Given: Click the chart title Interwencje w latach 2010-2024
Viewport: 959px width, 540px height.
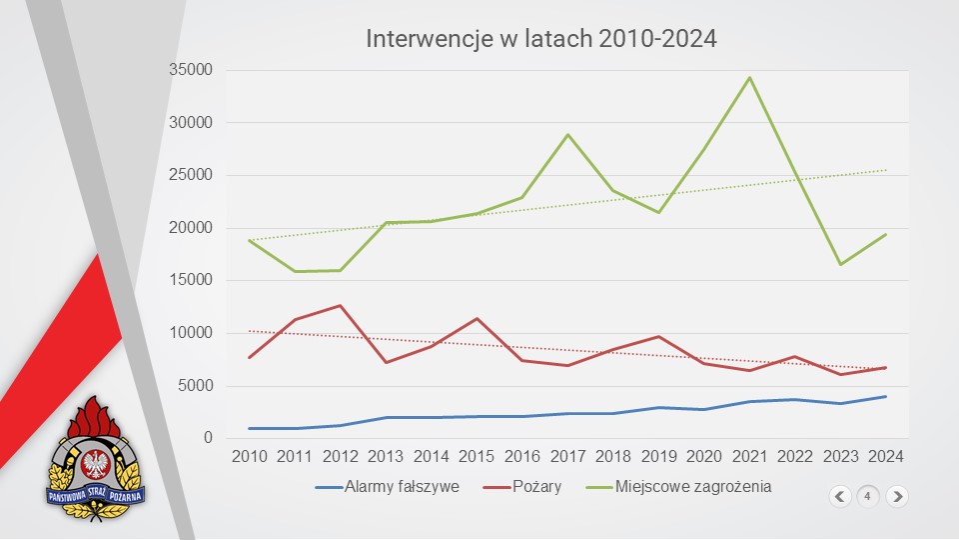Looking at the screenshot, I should [x=541, y=39].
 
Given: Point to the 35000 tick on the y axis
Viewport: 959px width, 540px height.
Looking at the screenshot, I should [x=192, y=70].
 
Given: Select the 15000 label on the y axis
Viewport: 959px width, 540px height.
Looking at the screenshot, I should [x=192, y=280].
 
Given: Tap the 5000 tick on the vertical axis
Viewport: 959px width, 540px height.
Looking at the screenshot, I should [x=197, y=386].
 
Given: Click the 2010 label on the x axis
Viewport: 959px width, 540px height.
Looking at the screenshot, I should [x=250, y=457].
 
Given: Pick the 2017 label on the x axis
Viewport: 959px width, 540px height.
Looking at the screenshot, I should [x=567, y=457].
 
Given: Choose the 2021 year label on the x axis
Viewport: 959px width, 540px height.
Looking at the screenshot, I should [x=749, y=457].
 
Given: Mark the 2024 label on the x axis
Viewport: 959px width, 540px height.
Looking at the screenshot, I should [x=885, y=457].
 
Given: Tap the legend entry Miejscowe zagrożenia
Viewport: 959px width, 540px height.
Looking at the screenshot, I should [x=679, y=487].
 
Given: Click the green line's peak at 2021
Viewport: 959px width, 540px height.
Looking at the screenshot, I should [x=749, y=78].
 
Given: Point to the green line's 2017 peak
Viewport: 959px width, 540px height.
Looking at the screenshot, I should [x=567, y=135].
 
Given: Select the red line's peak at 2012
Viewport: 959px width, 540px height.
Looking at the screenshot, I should [x=341, y=306].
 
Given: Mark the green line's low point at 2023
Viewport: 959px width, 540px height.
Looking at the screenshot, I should [x=840, y=264].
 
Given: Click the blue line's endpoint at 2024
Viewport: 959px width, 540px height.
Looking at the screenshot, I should [x=885, y=397].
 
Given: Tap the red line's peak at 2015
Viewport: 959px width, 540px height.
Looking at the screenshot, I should [x=477, y=319].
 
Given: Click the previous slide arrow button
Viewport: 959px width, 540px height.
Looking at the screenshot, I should [x=839, y=495].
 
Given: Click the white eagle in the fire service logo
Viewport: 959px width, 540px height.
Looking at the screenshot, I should [x=97, y=462].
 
